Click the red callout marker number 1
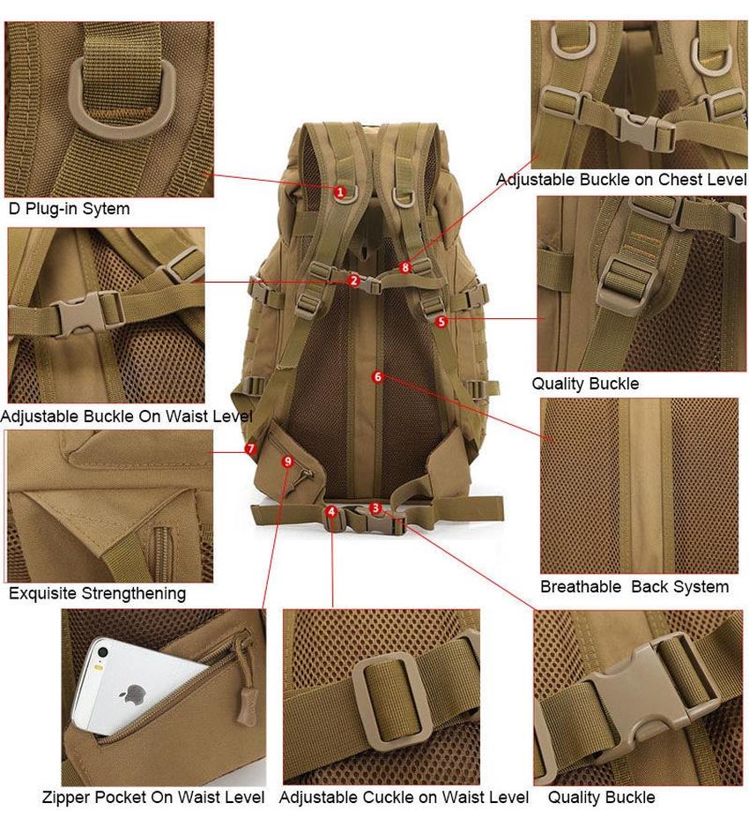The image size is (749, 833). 340,192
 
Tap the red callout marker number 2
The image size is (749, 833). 354,281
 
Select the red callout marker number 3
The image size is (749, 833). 376,508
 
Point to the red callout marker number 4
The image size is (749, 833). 332,511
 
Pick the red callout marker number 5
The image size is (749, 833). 441,322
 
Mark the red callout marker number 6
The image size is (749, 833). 378,376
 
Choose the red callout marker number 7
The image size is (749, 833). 251,449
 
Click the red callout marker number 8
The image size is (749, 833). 406,267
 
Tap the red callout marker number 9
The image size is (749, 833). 287,461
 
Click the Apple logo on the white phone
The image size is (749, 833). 137,693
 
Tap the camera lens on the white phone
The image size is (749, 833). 103,653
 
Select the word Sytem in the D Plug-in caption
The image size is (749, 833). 110,209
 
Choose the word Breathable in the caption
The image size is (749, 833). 581,587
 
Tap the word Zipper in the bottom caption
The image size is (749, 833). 65,798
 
